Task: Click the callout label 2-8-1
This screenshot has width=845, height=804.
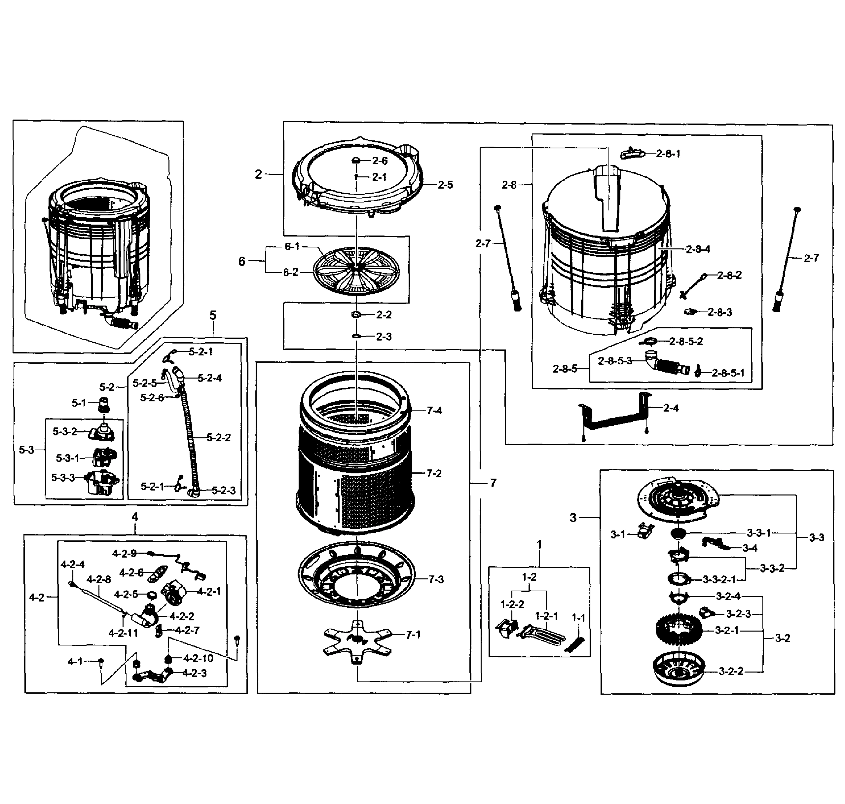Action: (668, 154)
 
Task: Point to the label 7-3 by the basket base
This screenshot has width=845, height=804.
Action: (436, 580)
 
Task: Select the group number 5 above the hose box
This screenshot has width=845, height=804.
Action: (213, 316)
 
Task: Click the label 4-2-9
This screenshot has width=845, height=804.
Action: (124, 554)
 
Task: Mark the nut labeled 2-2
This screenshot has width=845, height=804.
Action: (355, 315)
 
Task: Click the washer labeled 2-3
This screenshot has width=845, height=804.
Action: (355, 336)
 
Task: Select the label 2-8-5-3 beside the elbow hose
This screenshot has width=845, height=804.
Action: (615, 361)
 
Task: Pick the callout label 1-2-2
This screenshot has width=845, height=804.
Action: (512, 604)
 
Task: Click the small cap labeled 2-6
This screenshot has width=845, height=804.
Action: (356, 161)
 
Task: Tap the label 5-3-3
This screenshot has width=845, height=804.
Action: (63, 477)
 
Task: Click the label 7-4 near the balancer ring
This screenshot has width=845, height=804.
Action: (434, 411)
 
